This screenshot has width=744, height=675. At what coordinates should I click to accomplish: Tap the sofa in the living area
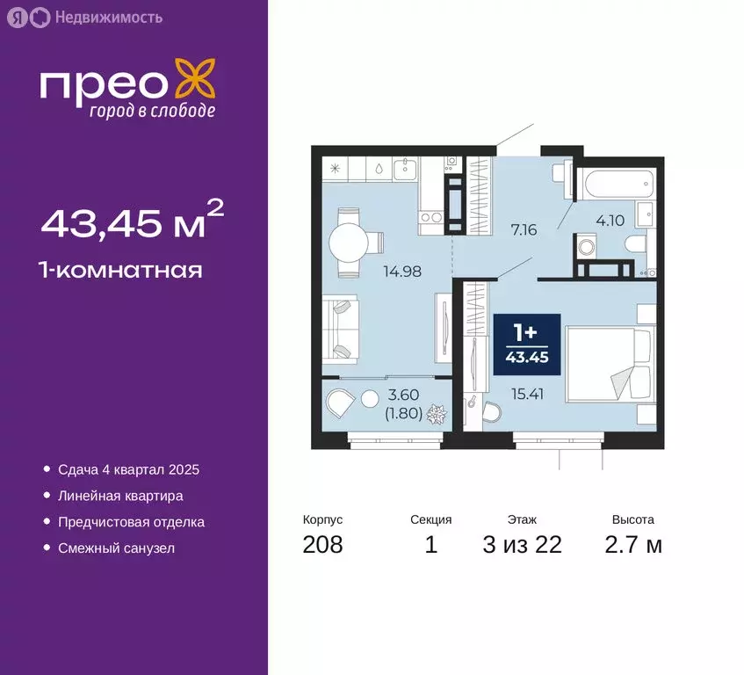[338, 329]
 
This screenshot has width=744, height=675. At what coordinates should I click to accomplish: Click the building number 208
[322, 544]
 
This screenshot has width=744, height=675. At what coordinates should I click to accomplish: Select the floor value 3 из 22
[522, 544]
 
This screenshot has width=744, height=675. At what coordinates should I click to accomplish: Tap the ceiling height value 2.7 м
[632, 544]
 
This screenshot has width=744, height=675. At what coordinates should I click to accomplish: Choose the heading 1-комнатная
[121, 270]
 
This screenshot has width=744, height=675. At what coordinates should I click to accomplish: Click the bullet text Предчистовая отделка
[132, 522]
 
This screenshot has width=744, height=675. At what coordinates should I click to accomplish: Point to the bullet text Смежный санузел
[118, 548]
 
